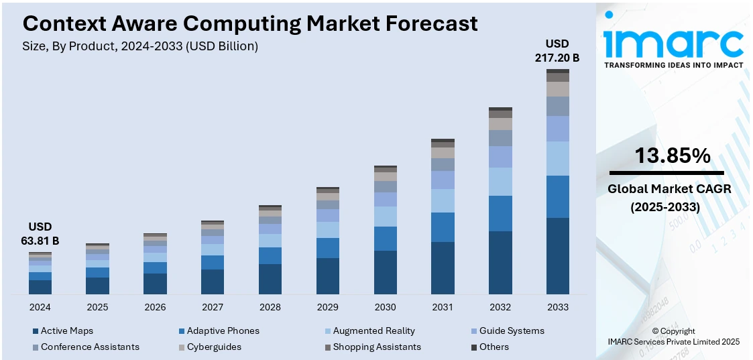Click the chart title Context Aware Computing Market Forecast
[250, 23]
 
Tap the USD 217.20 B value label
[557, 51]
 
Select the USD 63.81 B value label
[40, 234]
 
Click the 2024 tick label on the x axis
[40, 307]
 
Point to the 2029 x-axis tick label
[327, 307]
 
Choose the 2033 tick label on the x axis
[557, 307]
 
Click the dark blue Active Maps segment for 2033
[557, 255]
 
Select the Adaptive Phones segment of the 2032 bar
[500, 213]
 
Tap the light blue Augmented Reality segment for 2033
[557, 158]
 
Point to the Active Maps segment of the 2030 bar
[385, 272]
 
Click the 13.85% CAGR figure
[673, 156]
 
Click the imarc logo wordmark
[673, 42]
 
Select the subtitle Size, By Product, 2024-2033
[140, 46]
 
